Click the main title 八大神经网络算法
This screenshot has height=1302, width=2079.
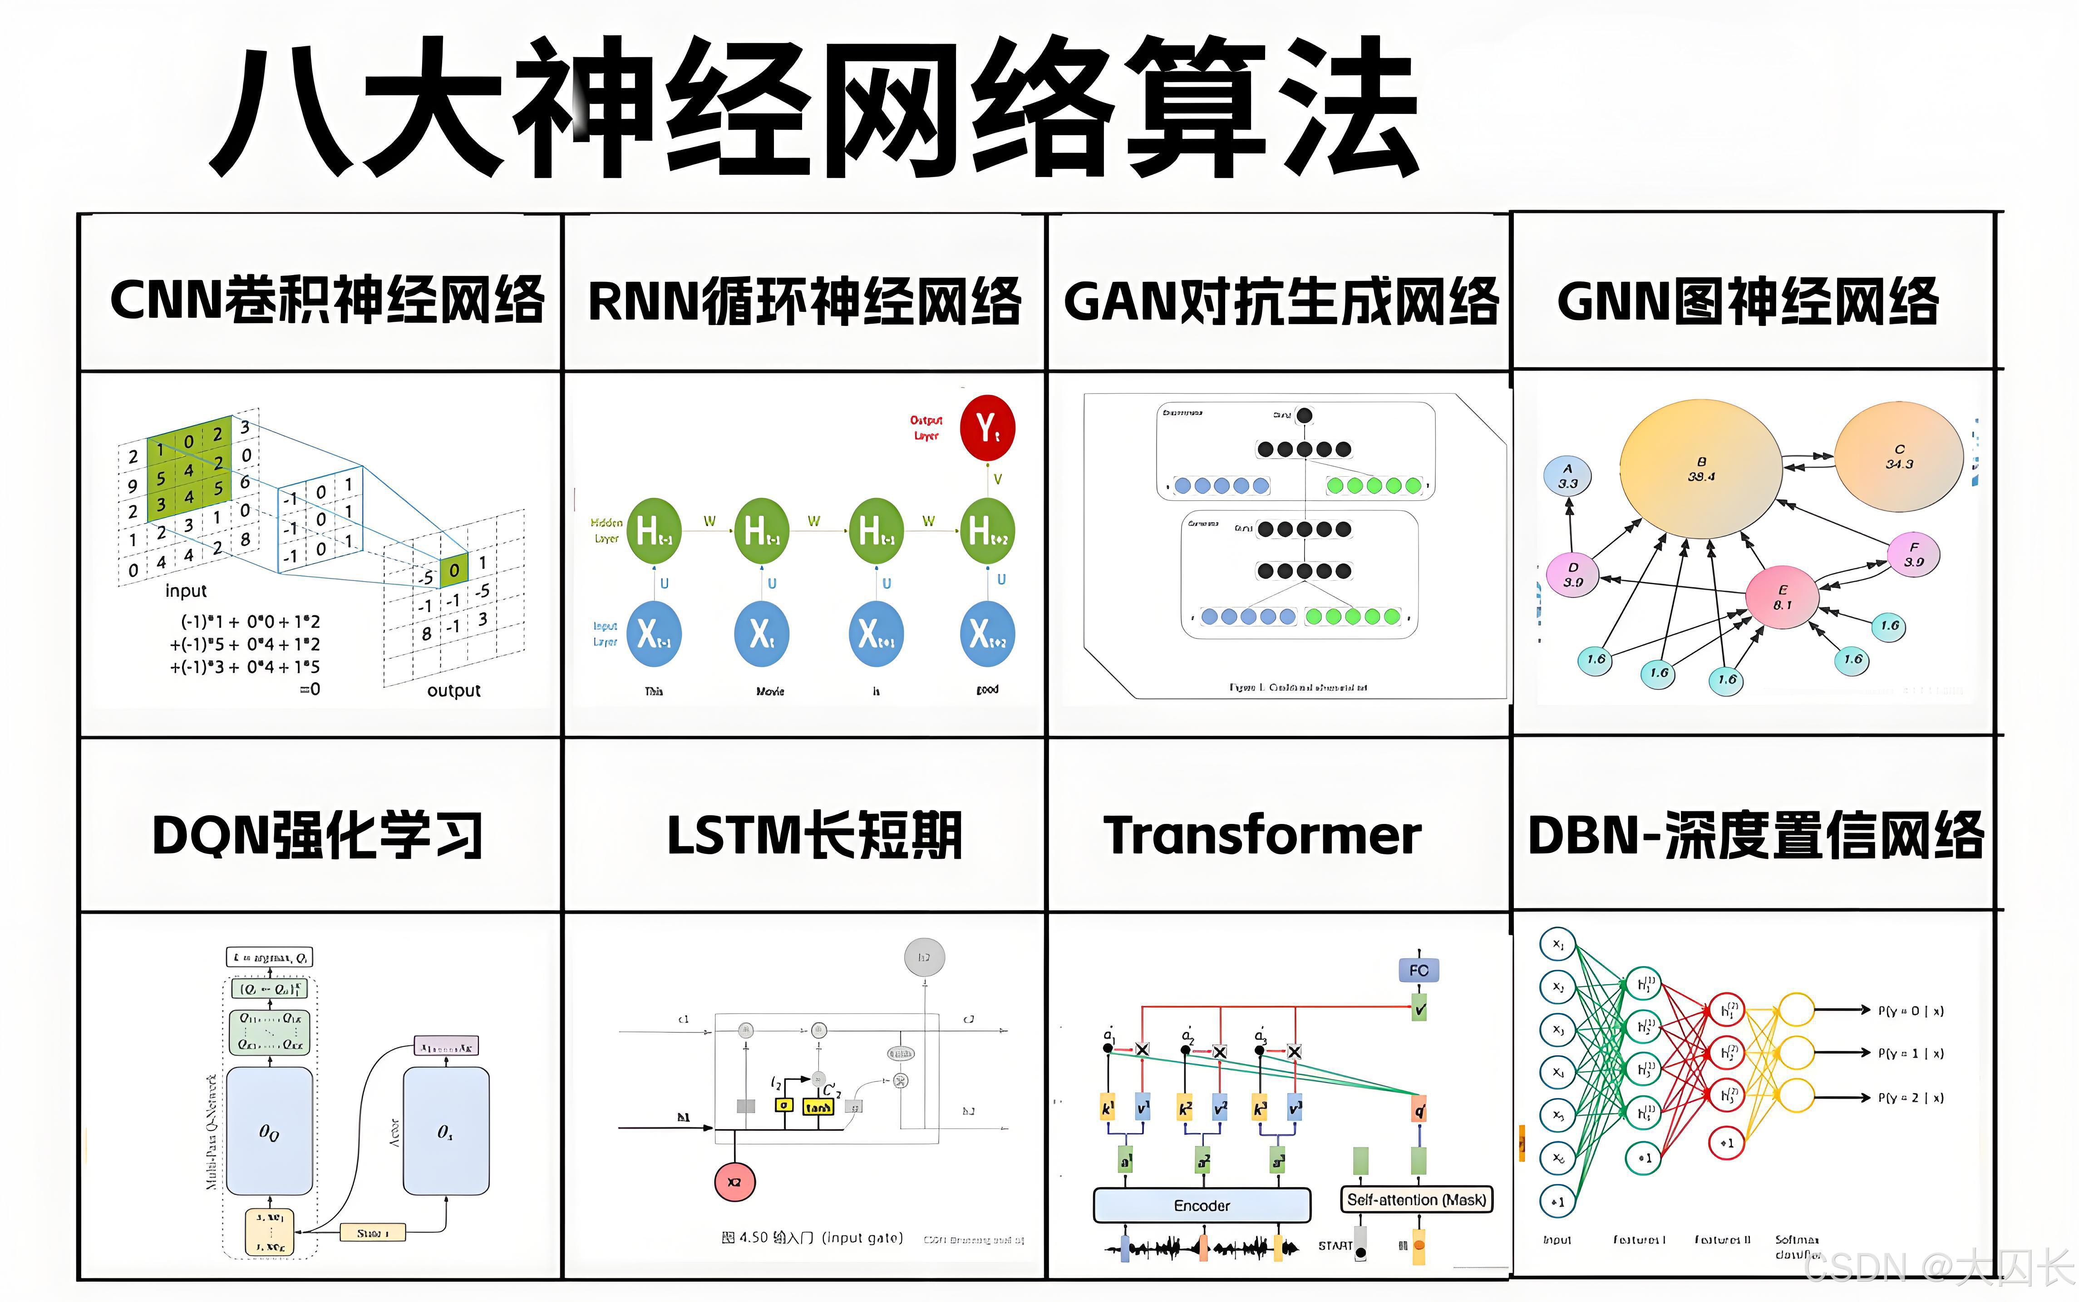click(813, 108)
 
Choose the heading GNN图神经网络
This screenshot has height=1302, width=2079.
click(1748, 301)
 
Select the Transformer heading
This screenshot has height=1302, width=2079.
click(1262, 835)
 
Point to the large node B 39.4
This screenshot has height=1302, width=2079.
click(1701, 469)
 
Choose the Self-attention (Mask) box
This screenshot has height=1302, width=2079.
click(1416, 1199)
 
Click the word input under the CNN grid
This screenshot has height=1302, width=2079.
click(186, 591)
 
